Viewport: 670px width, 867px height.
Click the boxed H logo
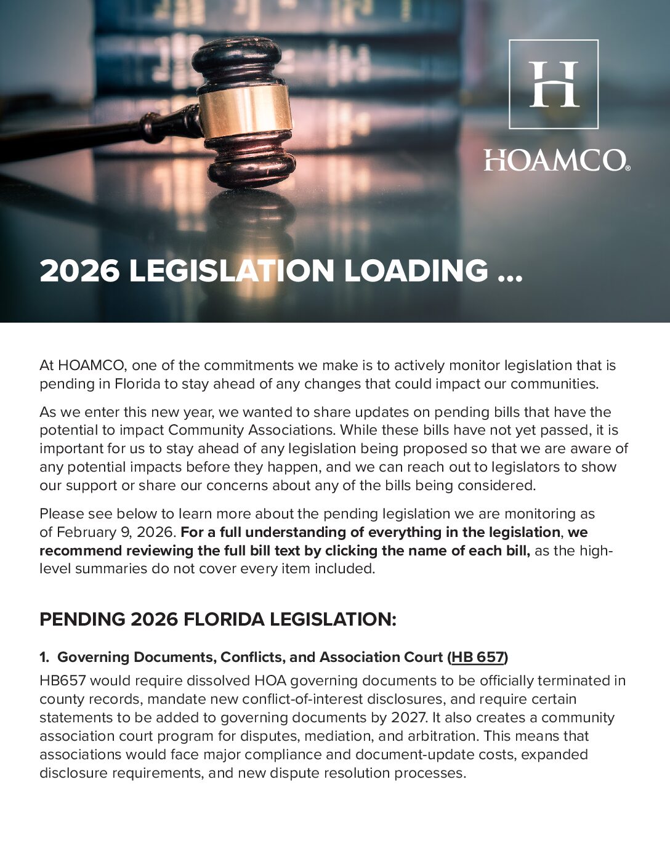click(x=553, y=84)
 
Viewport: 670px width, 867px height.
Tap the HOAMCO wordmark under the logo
click(x=556, y=161)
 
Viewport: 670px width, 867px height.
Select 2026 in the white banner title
click(x=79, y=272)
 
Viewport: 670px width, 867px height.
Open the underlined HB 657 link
click(x=478, y=658)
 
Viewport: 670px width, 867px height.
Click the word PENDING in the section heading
click(x=83, y=619)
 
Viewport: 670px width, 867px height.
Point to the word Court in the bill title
click(x=423, y=658)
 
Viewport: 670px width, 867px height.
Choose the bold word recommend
click(x=80, y=550)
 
